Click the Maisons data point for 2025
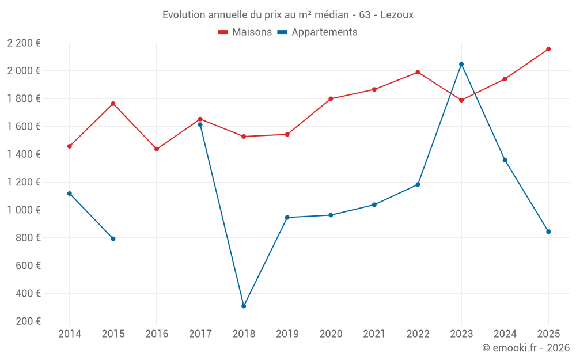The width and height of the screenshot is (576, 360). pyautogui.click(x=548, y=49)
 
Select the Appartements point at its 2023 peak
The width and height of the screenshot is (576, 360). pyautogui.click(x=461, y=64)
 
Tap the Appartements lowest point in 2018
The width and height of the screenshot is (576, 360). pyautogui.click(x=244, y=306)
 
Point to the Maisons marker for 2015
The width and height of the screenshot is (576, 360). pyautogui.click(x=113, y=104)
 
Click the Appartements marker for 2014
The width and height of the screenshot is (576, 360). pyautogui.click(x=70, y=194)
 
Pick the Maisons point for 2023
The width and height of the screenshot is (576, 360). pyautogui.click(x=461, y=100)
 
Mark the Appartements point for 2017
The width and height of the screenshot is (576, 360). pyautogui.click(x=200, y=124)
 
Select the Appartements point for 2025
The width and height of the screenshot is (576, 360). pyautogui.click(x=548, y=232)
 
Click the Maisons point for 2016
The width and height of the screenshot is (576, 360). pyautogui.click(x=157, y=149)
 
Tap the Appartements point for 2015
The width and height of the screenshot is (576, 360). pyautogui.click(x=113, y=238)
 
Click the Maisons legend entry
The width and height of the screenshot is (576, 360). pyautogui.click(x=245, y=32)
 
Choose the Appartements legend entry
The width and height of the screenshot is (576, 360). pyautogui.click(x=317, y=32)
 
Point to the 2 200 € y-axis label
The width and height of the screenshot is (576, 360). pyautogui.click(x=24, y=43)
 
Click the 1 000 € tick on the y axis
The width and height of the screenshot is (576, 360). pyautogui.click(x=24, y=210)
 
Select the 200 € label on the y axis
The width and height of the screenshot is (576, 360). pyautogui.click(x=28, y=321)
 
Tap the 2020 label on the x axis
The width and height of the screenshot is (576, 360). pyautogui.click(x=331, y=334)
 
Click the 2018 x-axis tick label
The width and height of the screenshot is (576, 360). pyautogui.click(x=244, y=334)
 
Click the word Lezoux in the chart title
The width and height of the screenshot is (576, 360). pyautogui.click(x=397, y=15)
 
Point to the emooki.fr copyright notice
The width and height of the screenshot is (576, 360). pyautogui.click(x=525, y=348)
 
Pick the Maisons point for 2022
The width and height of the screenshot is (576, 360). pyautogui.click(x=418, y=72)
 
